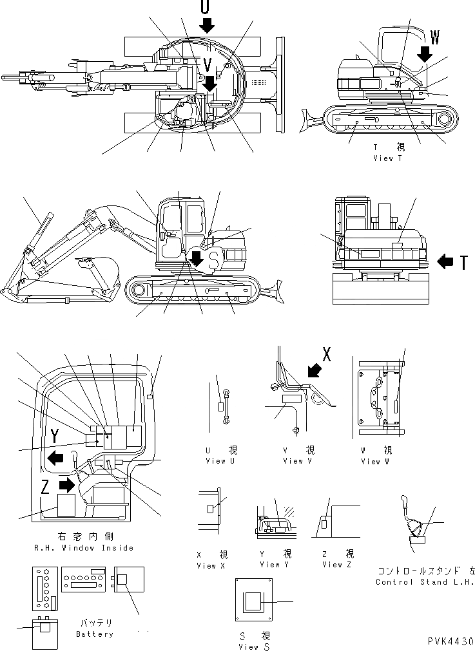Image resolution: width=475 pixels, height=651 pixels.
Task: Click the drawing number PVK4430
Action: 450,642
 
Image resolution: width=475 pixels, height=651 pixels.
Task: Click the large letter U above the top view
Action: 205,7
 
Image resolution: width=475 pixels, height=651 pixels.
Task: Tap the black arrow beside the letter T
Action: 447,261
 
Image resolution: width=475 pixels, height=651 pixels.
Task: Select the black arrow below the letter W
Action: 425,53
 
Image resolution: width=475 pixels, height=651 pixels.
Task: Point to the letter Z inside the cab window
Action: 45,487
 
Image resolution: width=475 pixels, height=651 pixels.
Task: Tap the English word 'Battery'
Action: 95,634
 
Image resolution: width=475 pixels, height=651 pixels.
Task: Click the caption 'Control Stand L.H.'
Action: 424,582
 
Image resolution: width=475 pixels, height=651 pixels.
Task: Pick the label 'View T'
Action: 387,158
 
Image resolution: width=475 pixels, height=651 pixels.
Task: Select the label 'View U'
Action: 216,461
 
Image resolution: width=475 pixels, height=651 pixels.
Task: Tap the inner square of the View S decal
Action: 253,601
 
